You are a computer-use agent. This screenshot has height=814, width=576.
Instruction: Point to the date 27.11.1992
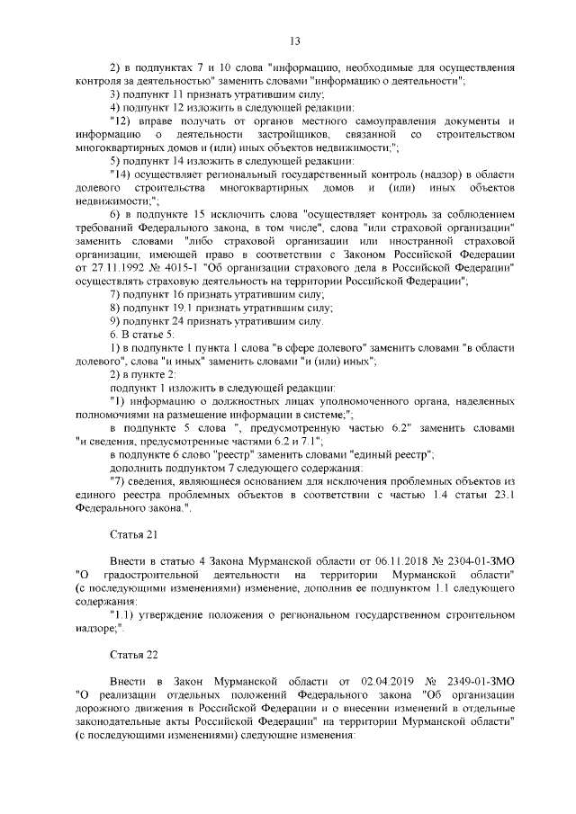click(103, 267)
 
